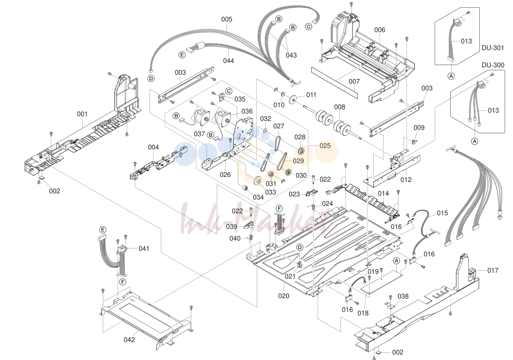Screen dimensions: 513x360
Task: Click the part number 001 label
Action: point(82,114)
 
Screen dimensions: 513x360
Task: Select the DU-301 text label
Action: point(493,48)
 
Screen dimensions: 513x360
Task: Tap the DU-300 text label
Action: point(493,65)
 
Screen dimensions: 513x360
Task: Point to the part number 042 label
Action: point(129,340)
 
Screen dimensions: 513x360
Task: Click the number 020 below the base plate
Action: point(284,296)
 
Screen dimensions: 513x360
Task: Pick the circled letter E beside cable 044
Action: point(182,55)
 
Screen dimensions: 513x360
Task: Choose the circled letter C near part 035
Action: point(229,91)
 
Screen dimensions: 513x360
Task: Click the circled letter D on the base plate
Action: point(300,247)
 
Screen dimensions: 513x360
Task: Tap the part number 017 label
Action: point(493,271)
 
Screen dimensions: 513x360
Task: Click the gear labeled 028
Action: point(301,151)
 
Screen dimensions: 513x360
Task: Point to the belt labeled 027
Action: point(278,144)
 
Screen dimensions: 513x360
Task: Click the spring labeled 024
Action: point(314,207)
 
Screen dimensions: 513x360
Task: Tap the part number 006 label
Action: point(380,30)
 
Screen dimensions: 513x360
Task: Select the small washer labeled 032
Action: point(265,131)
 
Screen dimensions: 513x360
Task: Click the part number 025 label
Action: point(325,146)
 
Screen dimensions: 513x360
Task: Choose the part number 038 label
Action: point(403,297)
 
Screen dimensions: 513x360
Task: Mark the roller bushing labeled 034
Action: point(245,189)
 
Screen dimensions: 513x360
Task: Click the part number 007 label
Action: point(354,81)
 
